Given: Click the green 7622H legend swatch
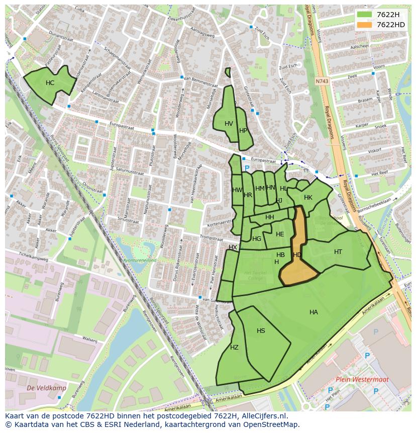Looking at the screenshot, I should point(365,15).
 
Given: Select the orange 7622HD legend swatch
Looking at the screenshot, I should point(365,25).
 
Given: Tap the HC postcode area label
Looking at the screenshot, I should point(50,83).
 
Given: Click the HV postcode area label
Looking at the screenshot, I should point(229,124).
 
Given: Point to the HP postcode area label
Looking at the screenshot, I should point(243,130).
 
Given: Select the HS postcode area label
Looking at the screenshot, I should point(261,331).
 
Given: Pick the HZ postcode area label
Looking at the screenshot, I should point(234,348).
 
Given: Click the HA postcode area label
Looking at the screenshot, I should point(314,312).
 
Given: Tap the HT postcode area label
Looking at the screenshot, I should point(338,252).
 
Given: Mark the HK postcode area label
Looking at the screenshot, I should point(308,198).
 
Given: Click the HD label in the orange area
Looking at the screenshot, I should point(297,255).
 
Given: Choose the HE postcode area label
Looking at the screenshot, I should point(280,234).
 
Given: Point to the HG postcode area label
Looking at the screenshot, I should point(257,239).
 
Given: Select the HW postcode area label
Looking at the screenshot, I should point(237,190).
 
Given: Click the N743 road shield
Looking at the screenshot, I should point(322,81).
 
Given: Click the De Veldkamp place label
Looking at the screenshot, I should point(40,388).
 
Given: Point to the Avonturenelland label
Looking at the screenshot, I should point(140,260).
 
